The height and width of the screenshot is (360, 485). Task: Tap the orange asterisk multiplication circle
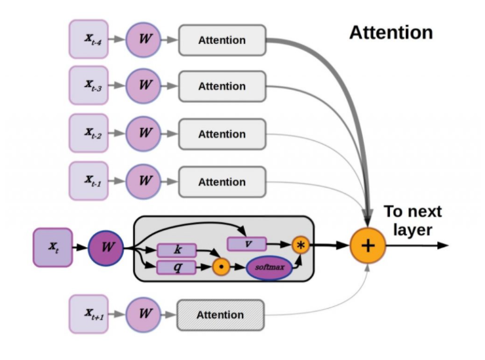point(301,245)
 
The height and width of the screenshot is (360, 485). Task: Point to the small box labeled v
point(246,243)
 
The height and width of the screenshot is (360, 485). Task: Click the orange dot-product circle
point(221,268)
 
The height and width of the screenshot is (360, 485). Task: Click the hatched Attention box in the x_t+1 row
point(220,315)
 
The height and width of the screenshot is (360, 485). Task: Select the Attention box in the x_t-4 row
point(222,39)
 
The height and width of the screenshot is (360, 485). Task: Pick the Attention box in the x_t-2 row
point(222,134)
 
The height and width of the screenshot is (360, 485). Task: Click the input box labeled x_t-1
point(89,181)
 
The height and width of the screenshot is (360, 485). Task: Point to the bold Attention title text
point(391,33)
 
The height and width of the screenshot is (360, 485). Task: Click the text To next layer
point(413,221)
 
